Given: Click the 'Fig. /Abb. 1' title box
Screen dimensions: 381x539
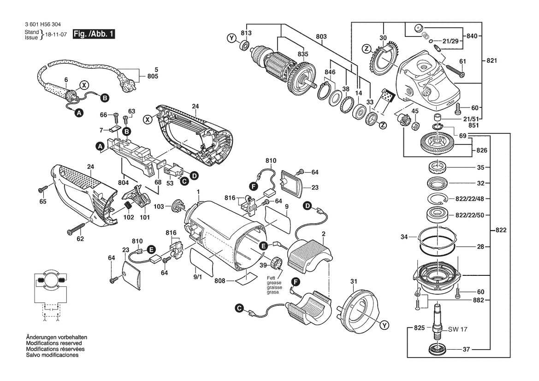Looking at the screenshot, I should click(x=94, y=34).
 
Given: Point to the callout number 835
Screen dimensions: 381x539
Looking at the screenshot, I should click(x=302, y=54).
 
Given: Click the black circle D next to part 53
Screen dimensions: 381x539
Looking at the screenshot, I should click(x=194, y=175).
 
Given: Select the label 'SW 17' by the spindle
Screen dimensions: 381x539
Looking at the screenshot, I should click(x=458, y=329).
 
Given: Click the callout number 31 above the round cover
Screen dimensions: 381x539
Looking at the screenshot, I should click(x=354, y=282).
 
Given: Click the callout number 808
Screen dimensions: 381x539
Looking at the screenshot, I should click(x=220, y=281).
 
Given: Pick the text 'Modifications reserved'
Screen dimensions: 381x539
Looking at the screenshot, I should click(x=54, y=344).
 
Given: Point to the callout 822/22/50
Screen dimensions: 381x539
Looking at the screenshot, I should click(x=476, y=215).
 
